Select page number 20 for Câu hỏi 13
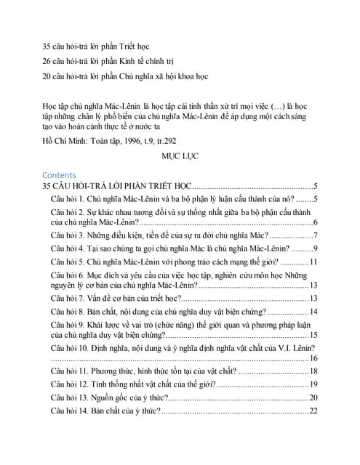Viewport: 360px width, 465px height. click(x=313, y=397)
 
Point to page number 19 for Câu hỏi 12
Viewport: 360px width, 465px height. click(x=313, y=384)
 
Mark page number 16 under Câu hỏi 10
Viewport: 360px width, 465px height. click(x=313, y=357)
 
